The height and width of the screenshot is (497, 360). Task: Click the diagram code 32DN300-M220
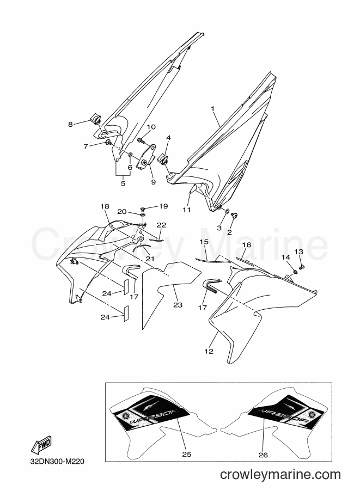57,461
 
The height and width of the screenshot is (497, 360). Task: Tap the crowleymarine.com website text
280,475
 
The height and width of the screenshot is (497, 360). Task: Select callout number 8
70,125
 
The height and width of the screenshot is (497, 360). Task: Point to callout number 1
213,109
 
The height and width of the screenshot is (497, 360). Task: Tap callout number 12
209,351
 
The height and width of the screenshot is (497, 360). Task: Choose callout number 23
178,305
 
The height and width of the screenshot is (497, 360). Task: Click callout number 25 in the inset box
187,454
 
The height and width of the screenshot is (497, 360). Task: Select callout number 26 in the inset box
263,455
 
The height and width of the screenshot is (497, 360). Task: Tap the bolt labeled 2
235,216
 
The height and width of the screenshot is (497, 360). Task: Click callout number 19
163,206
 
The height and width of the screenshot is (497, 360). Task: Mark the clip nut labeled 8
96,120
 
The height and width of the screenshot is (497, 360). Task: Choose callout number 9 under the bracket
154,182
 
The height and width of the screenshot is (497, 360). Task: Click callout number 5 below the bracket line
123,183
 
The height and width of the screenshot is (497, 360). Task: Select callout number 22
161,225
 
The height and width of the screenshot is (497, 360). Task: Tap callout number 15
204,242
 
